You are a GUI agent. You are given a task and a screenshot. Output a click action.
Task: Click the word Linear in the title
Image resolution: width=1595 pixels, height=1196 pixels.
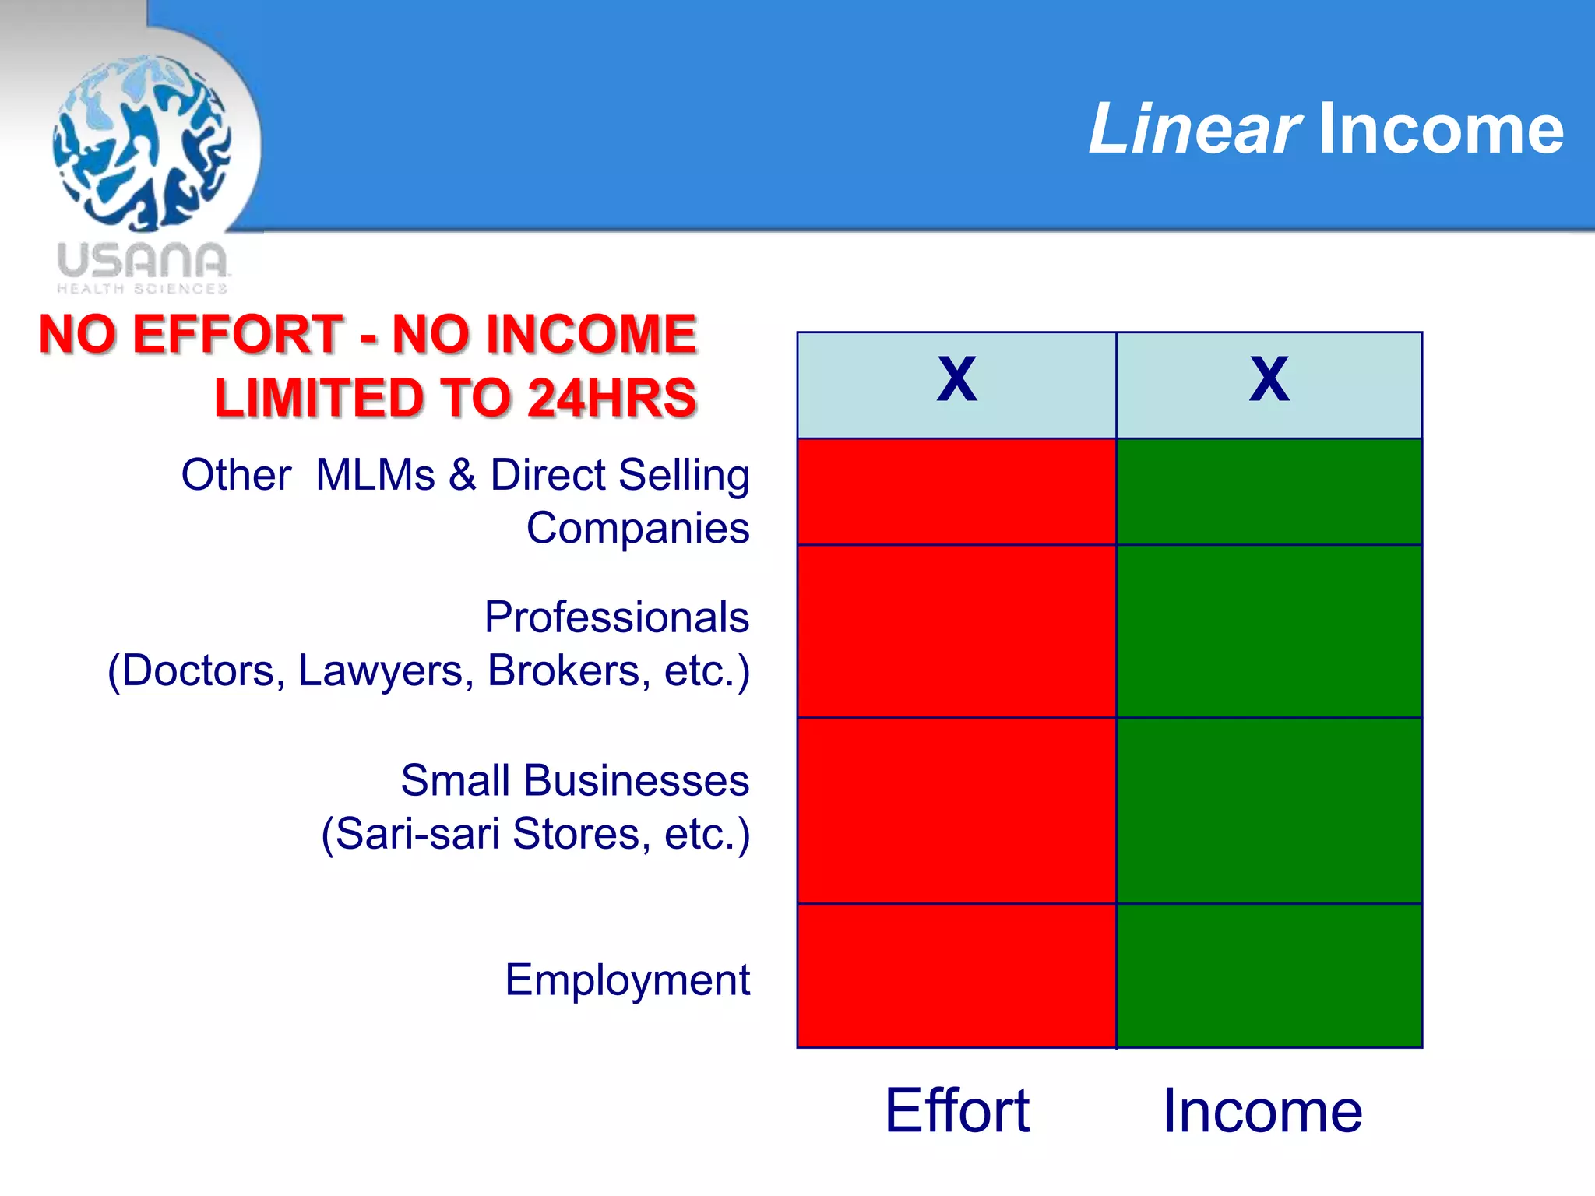[x=1193, y=129]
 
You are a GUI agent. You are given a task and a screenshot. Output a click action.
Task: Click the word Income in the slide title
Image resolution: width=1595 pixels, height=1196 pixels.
[x=1441, y=129]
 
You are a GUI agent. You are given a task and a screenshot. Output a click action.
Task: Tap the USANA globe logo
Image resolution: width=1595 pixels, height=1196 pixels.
[x=142, y=142]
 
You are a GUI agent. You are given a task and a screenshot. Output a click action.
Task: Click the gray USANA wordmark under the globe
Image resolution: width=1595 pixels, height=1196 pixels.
[x=142, y=261]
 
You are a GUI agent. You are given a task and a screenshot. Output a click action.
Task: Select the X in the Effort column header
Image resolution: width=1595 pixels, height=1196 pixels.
[x=956, y=380]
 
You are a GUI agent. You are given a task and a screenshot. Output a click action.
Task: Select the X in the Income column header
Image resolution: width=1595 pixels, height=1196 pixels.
[x=1269, y=380]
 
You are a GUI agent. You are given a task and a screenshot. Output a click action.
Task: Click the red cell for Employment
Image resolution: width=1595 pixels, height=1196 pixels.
[x=956, y=976]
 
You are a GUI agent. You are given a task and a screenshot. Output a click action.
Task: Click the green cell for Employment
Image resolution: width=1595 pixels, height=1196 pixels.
[x=1269, y=976]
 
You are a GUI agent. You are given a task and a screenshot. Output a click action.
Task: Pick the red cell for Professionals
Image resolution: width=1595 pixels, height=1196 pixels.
[x=956, y=631]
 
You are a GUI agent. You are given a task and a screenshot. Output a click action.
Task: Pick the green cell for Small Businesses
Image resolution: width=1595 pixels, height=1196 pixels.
[x=1269, y=810]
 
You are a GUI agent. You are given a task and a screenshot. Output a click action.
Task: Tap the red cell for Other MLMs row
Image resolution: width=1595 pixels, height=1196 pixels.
[x=956, y=491]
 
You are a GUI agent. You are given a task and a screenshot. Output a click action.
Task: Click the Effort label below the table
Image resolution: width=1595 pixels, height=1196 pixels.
[x=957, y=1111]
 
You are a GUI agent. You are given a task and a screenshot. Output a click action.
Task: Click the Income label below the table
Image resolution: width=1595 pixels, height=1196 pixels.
[x=1262, y=1111]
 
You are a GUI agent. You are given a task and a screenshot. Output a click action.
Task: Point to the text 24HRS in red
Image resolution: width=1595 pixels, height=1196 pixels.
[x=611, y=398]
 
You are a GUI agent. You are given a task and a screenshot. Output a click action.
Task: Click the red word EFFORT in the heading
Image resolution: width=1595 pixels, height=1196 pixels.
[x=238, y=334]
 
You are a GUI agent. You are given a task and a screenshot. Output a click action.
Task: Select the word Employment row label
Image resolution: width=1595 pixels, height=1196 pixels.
[x=627, y=980]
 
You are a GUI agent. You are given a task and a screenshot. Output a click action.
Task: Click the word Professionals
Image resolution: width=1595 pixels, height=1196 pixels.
[x=616, y=617]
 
